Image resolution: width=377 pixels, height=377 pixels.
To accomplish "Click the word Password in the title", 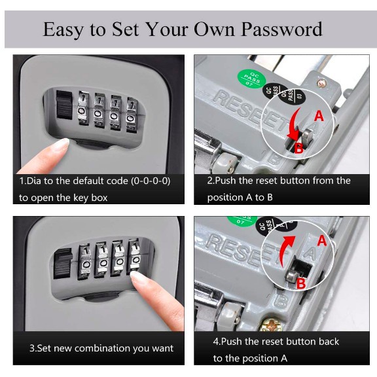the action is (281, 29).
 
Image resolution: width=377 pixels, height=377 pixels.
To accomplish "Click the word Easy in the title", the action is (63, 30).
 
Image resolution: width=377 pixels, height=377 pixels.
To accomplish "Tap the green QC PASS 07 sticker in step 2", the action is (252, 79).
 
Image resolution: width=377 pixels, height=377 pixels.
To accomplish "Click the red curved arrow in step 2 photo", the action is (295, 125).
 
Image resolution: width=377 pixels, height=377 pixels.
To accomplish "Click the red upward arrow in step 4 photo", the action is (287, 250).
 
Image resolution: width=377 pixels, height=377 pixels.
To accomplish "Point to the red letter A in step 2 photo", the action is (319, 116).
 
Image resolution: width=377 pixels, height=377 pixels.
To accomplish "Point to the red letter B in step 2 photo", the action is (298, 148).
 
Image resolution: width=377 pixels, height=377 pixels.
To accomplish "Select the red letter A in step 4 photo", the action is (322, 241).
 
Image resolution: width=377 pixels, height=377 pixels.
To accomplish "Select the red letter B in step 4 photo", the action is (301, 283).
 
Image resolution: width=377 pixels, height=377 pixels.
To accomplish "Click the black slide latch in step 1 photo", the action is (64, 105).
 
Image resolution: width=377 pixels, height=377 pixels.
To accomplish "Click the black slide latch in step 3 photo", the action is (63, 264).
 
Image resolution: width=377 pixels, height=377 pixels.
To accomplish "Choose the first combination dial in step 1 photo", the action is (83, 108).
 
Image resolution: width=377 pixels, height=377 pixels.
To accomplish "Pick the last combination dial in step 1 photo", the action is (132, 115).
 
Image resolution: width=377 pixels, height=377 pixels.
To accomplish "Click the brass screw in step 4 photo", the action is (272, 325).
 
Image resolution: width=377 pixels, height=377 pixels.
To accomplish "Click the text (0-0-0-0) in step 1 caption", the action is (151, 181).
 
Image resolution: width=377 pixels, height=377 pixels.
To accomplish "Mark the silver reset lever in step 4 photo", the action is (291, 276).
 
